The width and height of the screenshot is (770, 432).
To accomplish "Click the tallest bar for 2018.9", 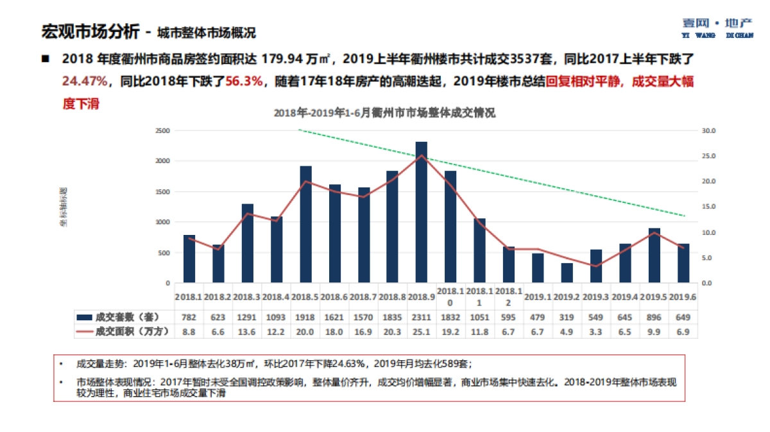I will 421,212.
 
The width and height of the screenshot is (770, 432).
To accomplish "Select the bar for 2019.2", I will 567,273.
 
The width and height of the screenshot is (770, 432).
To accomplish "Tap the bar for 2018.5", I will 305,224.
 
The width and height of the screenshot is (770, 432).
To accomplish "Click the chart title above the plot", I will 384,112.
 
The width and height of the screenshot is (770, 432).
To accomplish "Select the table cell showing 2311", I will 421,317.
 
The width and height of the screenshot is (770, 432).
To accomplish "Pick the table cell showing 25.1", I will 421,331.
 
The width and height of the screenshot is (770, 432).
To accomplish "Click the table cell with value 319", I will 567,317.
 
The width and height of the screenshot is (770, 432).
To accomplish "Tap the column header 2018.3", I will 247,297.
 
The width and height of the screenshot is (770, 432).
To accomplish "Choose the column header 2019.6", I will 683,297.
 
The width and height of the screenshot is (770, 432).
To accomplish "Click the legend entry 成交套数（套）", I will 122,317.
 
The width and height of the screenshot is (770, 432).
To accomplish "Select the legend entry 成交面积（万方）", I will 122,331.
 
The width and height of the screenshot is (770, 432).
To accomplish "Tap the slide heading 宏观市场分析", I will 89,31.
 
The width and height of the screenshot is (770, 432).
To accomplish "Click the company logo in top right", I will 717,27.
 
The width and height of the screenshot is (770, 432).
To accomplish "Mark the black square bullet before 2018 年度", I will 46,59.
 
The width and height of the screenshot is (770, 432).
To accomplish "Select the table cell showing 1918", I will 305,317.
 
